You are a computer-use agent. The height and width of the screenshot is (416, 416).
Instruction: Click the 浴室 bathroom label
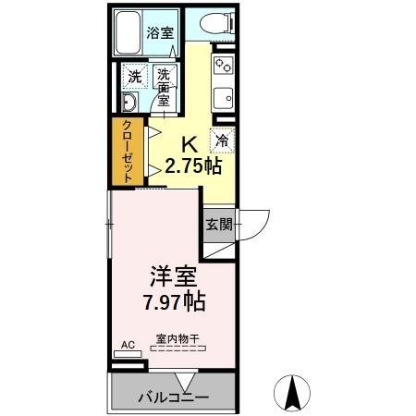(160, 33)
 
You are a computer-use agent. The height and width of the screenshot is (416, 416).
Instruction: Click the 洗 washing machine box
(134, 75)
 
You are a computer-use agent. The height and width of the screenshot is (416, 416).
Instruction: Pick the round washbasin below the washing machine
(129, 103)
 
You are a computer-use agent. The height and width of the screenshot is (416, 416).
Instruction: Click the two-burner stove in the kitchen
(223, 66)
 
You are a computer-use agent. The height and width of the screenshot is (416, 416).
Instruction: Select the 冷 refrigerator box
(223, 141)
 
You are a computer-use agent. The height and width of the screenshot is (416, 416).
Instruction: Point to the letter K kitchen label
(189, 145)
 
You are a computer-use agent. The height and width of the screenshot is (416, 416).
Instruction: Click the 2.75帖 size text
(192, 166)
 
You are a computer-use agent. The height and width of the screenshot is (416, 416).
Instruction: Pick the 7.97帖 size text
(172, 301)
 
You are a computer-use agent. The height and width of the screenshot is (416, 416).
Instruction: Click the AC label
(128, 345)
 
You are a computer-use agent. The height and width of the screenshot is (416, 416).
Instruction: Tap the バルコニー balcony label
(173, 398)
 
